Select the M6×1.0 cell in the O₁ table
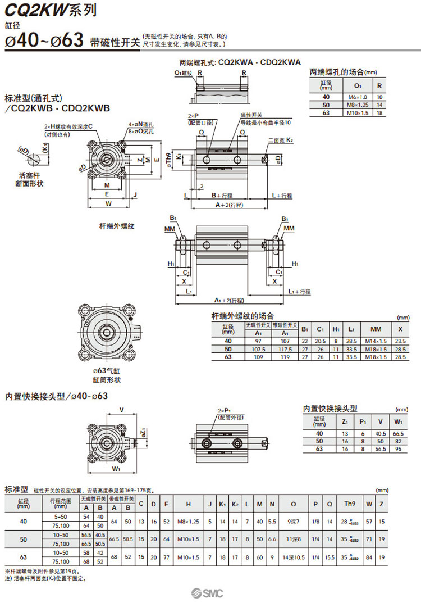357,97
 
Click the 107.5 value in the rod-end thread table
258,348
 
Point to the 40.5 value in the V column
380,433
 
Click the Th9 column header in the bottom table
350,504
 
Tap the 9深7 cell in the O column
293,521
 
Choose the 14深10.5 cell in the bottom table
293,557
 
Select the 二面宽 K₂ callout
281,140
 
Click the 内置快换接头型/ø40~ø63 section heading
56,396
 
